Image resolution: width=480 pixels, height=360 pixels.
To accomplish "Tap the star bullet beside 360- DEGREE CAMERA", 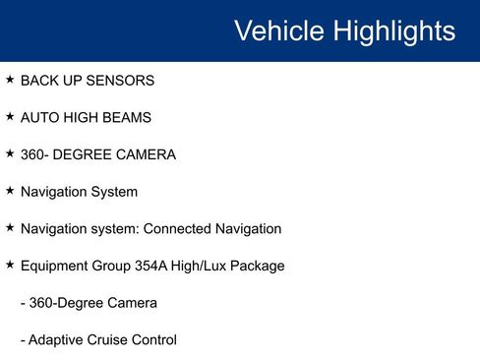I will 10,153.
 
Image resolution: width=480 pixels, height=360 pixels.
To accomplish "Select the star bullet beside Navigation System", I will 10,191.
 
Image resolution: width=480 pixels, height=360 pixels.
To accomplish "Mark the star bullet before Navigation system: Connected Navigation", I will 10,227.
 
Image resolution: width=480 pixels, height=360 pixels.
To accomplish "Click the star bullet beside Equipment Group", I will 10,265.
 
